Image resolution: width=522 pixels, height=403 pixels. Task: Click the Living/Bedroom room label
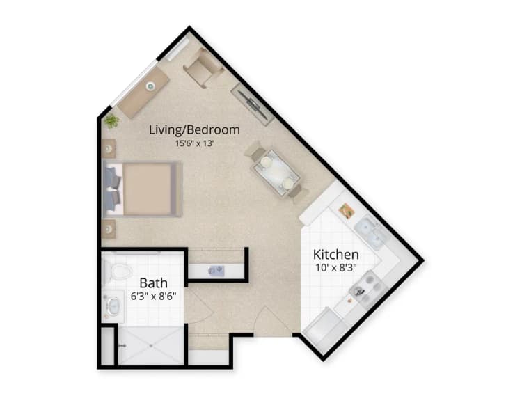pos(195,129)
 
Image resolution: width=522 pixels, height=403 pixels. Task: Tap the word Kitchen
pos(335,254)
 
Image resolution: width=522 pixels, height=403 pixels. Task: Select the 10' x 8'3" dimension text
pos(336,268)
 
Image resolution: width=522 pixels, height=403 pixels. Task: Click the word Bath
pos(153,283)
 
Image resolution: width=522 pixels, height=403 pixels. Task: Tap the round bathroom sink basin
pos(113,304)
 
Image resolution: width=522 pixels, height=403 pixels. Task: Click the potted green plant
pos(111,121)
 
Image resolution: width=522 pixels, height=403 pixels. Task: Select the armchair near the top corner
pos(203,68)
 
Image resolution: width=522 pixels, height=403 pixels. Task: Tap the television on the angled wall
pos(251,104)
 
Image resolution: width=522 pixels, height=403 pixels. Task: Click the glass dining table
pos(276,171)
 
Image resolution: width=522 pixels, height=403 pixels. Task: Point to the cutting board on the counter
pos(346,210)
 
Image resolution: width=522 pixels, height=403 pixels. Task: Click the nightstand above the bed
pos(109,148)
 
